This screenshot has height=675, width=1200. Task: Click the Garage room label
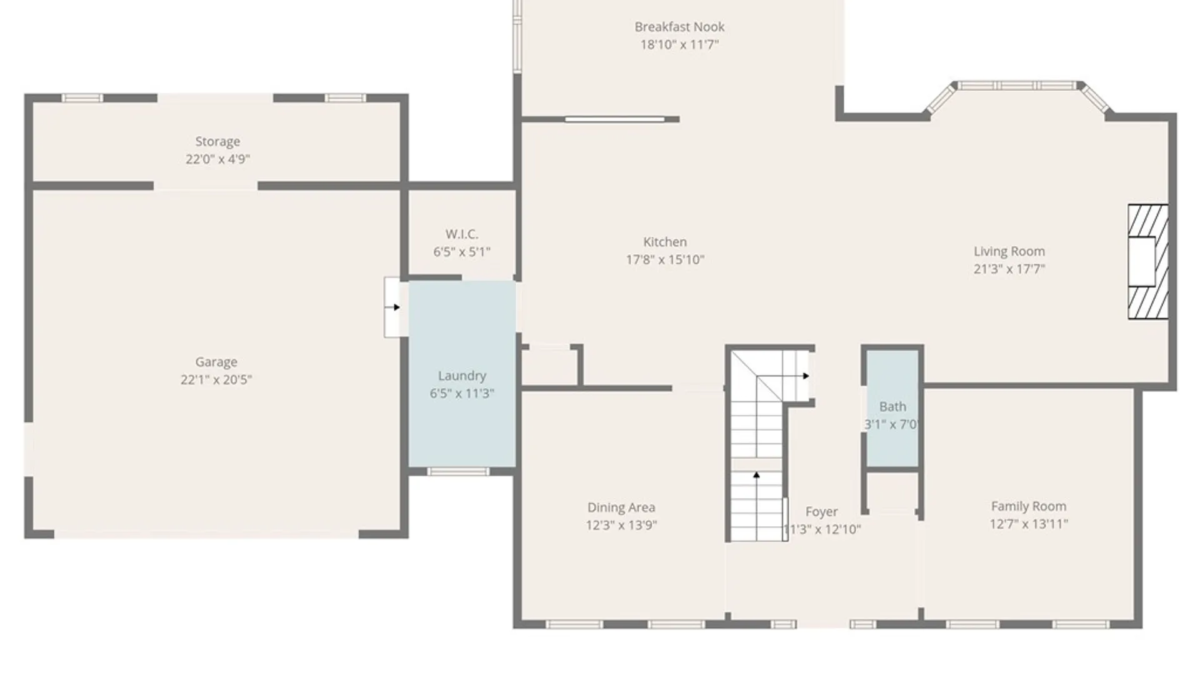pyautogui.click(x=216, y=362)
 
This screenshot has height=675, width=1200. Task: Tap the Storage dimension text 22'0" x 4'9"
pyautogui.click(x=217, y=159)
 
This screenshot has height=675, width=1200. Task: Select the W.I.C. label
pyautogui.click(x=462, y=234)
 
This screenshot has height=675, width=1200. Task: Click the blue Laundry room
pyautogui.click(x=462, y=374)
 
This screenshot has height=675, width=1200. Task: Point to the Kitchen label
pyautogui.click(x=665, y=242)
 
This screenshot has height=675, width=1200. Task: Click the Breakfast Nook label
pyautogui.click(x=679, y=27)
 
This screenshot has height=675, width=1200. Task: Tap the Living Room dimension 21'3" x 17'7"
pyautogui.click(x=1009, y=269)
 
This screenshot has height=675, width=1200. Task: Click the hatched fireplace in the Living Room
pyautogui.click(x=1148, y=262)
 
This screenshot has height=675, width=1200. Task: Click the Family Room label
pyautogui.click(x=1029, y=506)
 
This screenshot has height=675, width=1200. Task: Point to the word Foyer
pyautogui.click(x=821, y=512)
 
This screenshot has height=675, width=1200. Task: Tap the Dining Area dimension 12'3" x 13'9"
pyautogui.click(x=621, y=526)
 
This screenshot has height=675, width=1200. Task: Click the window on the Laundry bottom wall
pyautogui.click(x=458, y=471)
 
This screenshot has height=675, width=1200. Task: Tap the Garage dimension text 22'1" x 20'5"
pyautogui.click(x=216, y=379)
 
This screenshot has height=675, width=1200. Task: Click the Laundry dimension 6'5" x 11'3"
pyautogui.click(x=462, y=393)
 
